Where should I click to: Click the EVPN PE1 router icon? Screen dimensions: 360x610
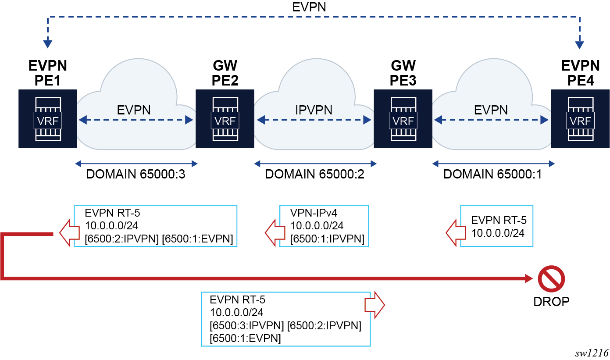coord(47,119)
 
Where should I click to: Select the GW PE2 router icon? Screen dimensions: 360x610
coord(225,119)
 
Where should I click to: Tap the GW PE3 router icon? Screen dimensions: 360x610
coord(403,119)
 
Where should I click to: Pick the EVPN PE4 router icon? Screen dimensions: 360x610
coord(580,119)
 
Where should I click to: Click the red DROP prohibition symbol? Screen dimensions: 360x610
coord(551,279)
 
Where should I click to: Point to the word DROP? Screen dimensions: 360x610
coord(551,301)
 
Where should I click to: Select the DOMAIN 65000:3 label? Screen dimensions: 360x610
coord(136,175)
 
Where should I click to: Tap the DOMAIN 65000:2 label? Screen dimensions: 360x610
coord(314,175)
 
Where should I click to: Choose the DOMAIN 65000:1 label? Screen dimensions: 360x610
coord(493,175)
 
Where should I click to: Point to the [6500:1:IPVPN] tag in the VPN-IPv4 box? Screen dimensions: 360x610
coord(327,239)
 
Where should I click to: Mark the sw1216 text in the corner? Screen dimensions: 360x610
coord(592,353)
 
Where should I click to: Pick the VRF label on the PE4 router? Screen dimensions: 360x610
coord(580,121)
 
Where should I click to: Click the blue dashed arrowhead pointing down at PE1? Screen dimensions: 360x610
coord(48,44)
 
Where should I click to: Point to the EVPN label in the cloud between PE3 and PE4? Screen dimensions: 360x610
coord(491,110)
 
